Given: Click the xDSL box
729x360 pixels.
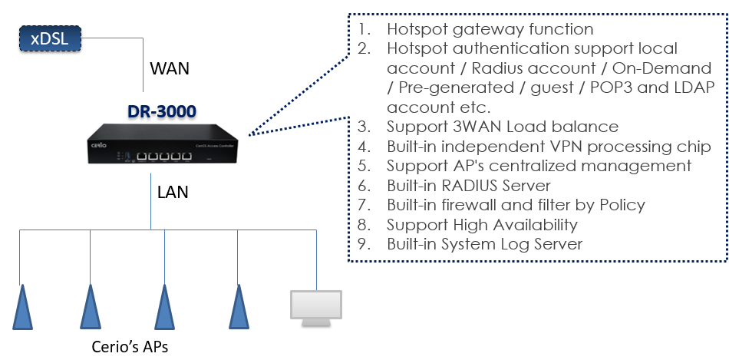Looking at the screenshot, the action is (x=50, y=38).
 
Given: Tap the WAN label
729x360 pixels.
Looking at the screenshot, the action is (x=170, y=69).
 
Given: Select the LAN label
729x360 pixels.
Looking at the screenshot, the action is (x=173, y=192).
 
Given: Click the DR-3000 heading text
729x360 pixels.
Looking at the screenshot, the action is (x=162, y=111).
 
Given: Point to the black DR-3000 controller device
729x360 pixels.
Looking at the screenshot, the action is (x=163, y=144).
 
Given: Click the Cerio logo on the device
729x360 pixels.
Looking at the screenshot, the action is (x=99, y=145).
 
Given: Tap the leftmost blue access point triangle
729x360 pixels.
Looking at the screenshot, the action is (x=21, y=307).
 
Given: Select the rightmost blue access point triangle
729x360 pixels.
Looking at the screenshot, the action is (x=239, y=307).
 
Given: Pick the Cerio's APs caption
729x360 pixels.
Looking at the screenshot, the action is (x=130, y=346).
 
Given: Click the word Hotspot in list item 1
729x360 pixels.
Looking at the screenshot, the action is (x=417, y=29).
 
